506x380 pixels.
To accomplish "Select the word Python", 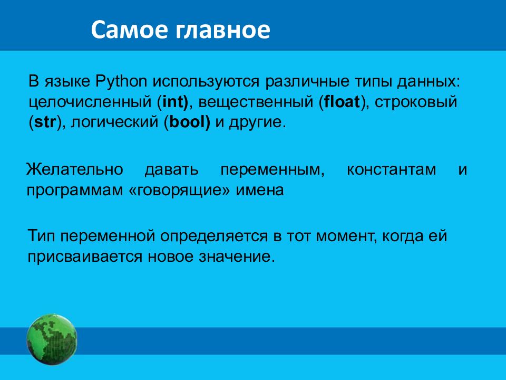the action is [121, 81].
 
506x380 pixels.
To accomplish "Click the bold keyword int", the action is [173, 102].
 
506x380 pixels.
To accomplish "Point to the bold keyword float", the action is [342, 102].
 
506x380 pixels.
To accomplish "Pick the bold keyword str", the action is [45, 122].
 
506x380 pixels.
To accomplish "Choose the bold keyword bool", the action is [187, 122].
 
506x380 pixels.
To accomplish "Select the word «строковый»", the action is [416, 102].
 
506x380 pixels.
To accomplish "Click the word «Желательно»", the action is [74, 169].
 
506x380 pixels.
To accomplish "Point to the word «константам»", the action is [391, 170].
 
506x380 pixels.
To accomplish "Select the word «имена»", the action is [260, 191].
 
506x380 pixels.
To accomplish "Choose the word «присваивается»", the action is [85, 257].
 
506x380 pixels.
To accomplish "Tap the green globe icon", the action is [52, 339].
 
